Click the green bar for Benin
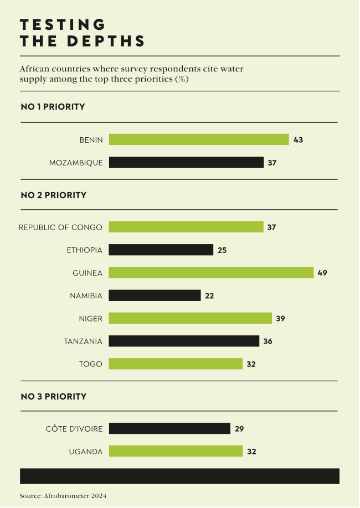click(x=199, y=139)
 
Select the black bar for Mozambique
click(x=186, y=163)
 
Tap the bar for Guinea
click(x=211, y=273)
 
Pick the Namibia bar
click(x=155, y=296)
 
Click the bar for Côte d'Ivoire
click(x=169, y=428)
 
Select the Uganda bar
click(x=176, y=452)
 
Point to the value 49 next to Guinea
click(x=322, y=273)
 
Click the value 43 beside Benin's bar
click(x=298, y=139)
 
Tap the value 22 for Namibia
click(x=209, y=296)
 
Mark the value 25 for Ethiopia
click(x=222, y=250)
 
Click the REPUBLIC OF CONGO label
click(x=60, y=227)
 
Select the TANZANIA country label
click(x=83, y=341)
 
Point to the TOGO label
click(x=91, y=364)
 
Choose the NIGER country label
click(x=90, y=319)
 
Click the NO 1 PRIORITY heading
click(x=53, y=107)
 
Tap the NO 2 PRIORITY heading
click(x=53, y=195)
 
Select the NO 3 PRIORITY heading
click(x=53, y=396)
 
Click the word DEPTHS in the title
click(x=106, y=42)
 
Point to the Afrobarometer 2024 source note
click(x=63, y=496)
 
